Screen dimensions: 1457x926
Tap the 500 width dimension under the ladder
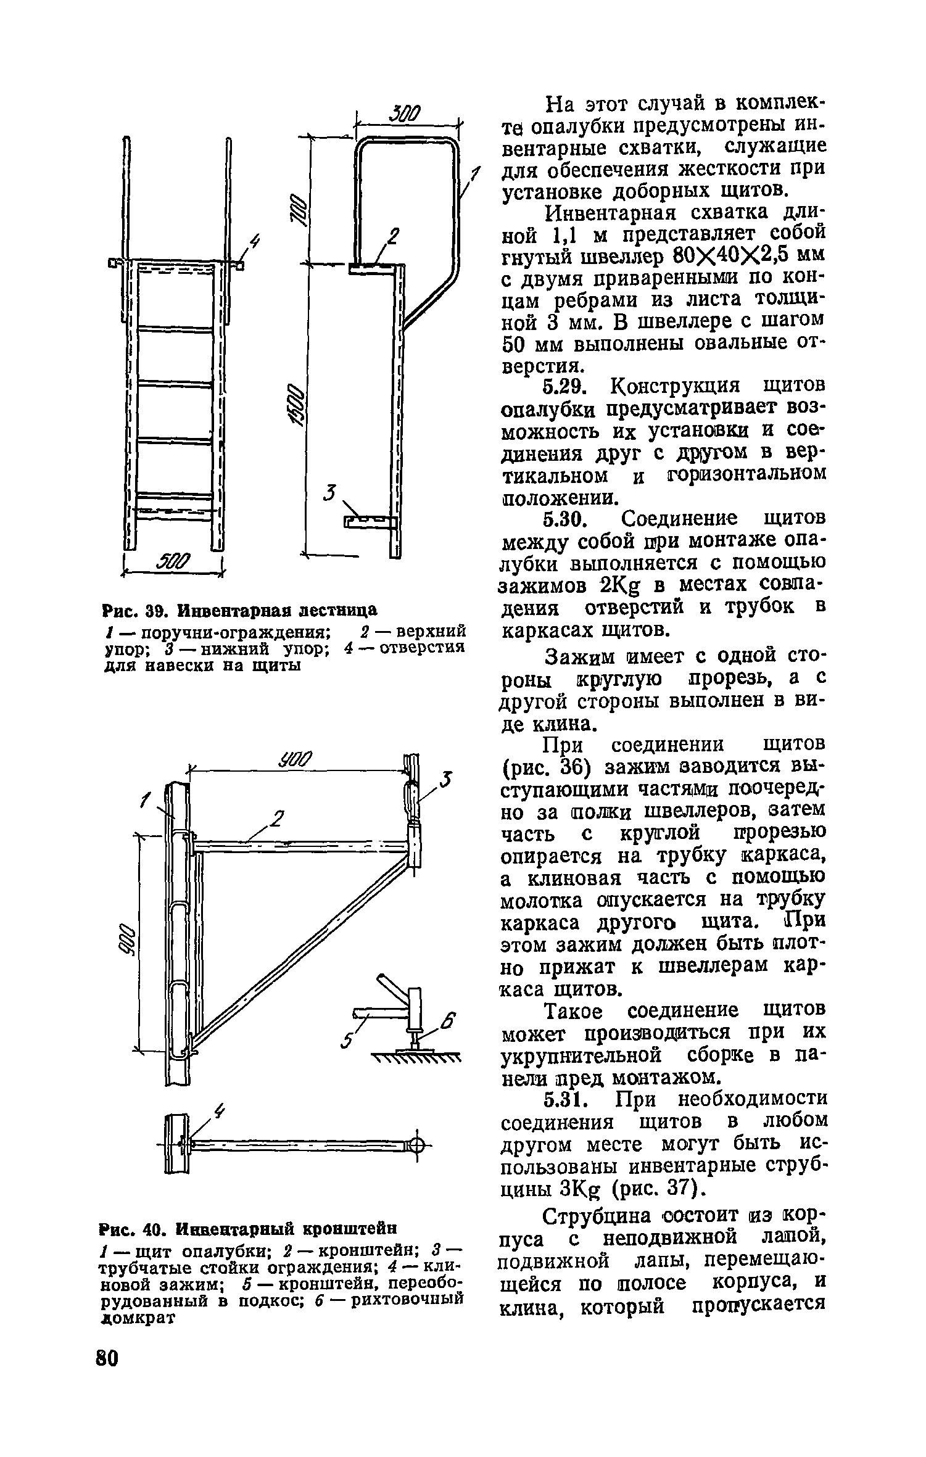coord(175,562)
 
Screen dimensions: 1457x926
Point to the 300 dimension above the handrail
coord(405,114)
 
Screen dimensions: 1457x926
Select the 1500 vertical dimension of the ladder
coord(297,407)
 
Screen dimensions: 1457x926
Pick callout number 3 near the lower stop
coord(331,493)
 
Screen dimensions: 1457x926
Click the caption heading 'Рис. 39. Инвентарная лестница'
coord(239,610)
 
